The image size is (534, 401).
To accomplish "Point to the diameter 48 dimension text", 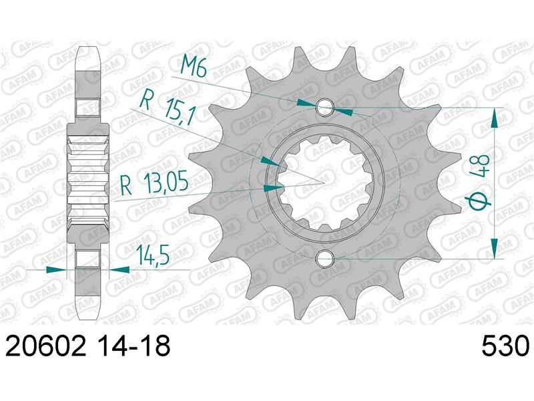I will click(x=479, y=180).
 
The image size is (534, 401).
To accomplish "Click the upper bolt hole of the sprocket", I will click(x=325, y=107).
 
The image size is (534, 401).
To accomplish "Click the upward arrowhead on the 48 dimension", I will click(x=495, y=118).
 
